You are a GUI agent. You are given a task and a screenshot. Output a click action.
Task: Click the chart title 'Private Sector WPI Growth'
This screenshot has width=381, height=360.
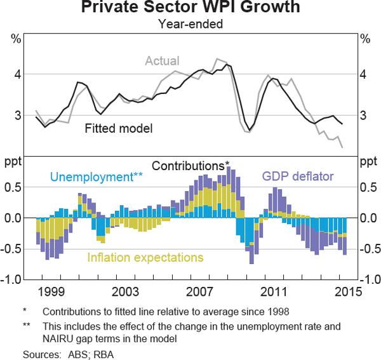(190, 9)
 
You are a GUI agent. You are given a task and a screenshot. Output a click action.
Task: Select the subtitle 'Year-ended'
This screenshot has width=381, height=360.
(190, 25)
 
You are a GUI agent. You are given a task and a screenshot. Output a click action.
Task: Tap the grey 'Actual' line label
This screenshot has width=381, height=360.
(162, 61)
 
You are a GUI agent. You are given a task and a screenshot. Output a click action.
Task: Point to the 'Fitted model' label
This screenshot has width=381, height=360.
(119, 128)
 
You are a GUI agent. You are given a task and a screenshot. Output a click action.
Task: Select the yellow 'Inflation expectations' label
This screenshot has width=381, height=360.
(145, 257)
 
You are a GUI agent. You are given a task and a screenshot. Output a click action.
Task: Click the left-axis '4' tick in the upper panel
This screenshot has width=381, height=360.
(18, 74)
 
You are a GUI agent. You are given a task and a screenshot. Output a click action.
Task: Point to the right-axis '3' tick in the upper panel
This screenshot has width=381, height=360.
(364, 115)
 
